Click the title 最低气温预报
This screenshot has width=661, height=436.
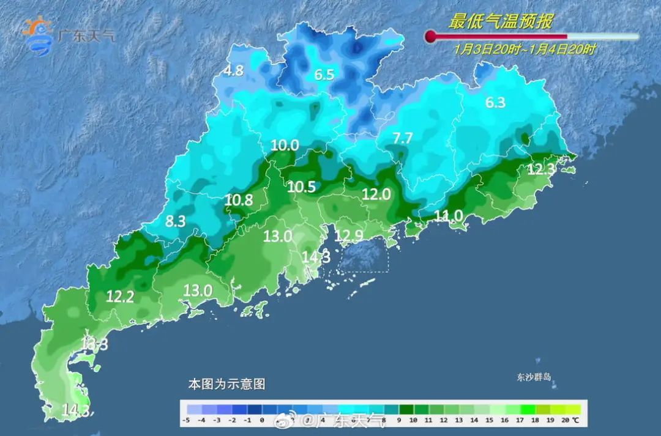[501, 23]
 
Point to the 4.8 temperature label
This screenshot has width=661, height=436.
[233, 70]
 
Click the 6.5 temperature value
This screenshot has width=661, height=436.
[324, 75]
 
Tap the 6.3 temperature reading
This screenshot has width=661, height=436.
[495, 103]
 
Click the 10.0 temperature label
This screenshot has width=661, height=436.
[285, 146]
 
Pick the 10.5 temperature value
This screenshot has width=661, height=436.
[301, 187]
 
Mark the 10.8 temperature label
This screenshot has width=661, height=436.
[239, 199]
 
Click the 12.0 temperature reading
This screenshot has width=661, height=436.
[376, 194]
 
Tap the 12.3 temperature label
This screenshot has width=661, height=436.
[541, 170]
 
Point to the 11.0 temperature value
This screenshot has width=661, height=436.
[449, 215]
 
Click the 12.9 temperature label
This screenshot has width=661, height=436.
[349, 235]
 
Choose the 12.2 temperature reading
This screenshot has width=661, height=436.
[121, 297]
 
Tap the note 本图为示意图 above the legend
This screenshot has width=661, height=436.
[226, 385]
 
